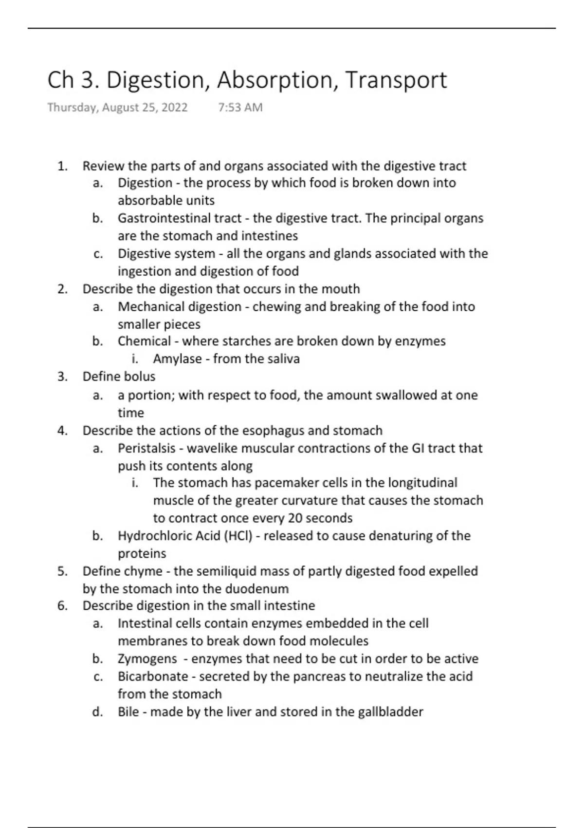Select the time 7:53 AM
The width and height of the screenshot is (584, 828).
point(240,108)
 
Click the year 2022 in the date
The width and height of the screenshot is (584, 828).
point(174,108)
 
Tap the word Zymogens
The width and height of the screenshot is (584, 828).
point(147,659)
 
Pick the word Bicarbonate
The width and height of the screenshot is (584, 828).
point(153,677)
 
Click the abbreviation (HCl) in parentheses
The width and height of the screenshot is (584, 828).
point(238,536)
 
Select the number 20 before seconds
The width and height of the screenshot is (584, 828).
point(295,518)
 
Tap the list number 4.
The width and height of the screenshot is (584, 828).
point(62,431)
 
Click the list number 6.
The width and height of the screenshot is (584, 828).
point(62,606)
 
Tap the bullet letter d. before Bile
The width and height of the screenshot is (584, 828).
point(97,712)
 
